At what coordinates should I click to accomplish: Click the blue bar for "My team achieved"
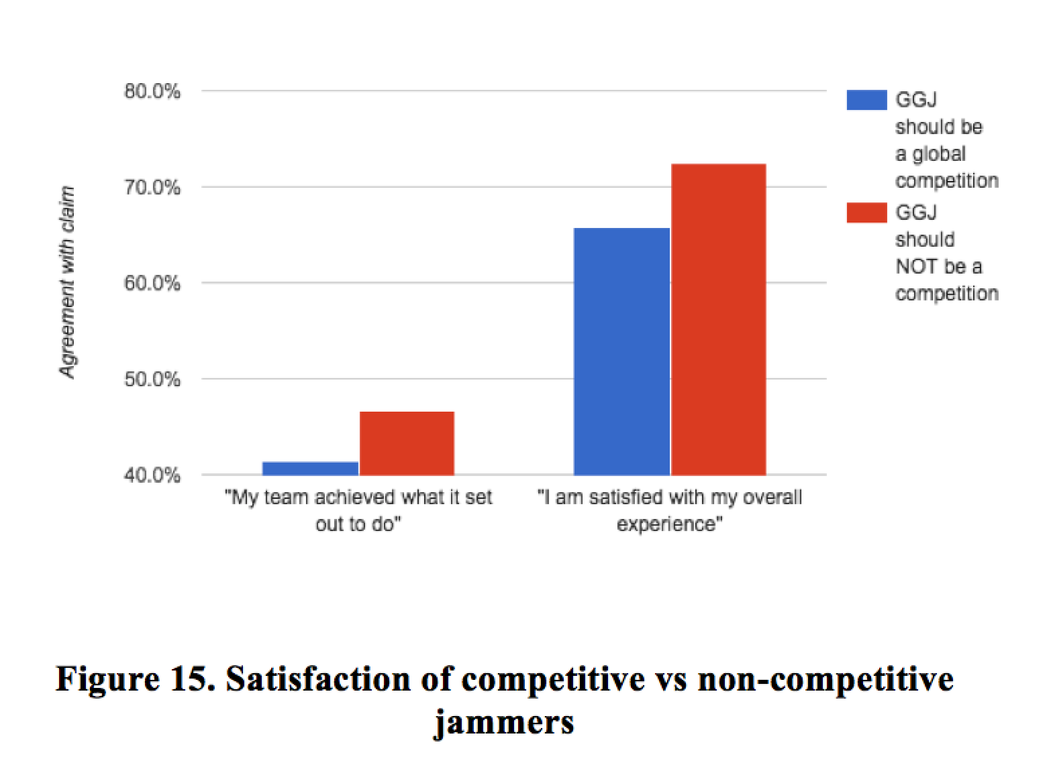[x=310, y=468]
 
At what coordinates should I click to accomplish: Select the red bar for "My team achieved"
[x=407, y=443]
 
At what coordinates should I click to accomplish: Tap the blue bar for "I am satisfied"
[x=621, y=351]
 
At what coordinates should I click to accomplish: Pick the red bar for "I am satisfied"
[x=718, y=319]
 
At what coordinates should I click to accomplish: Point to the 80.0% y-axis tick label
[x=152, y=91]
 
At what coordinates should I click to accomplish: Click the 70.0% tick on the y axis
[x=152, y=187]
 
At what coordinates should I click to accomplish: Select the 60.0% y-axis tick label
[x=152, y=284]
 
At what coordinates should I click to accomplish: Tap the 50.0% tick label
[x=152, y=379]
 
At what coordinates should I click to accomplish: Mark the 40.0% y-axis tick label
[x=152, y=475]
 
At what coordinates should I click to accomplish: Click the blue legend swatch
[x=866, y=100]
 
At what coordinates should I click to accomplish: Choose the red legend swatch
[x=866, y=213]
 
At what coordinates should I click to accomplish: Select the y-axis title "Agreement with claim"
[x=68, y=282]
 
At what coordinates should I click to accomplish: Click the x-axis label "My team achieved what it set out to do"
[x=358, y=510]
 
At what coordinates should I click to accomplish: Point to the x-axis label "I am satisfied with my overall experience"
[x=670, y=510]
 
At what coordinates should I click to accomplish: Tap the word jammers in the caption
[x=504, y=723]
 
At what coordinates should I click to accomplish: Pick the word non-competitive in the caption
[x=825, y=679]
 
